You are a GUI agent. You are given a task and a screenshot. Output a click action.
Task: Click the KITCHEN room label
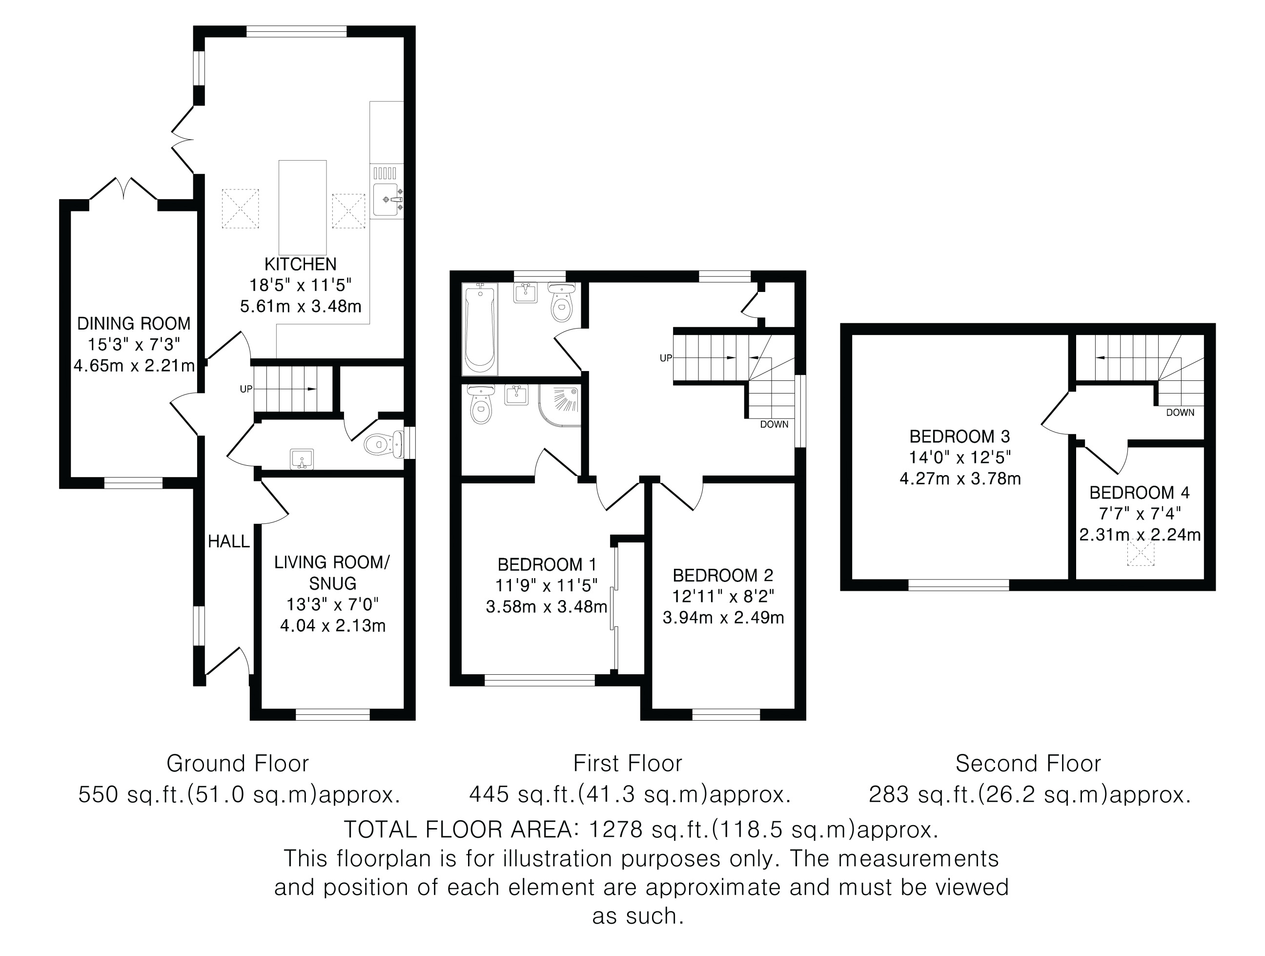(x=300, y=264)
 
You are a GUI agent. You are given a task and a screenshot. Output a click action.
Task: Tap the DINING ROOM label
(x=134, y=324)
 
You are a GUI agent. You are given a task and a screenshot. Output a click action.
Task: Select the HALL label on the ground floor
(x=229, y=541)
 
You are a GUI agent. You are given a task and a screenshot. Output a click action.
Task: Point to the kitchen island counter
(x=303, y=207)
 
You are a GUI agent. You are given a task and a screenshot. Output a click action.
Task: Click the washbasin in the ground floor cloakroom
(x=302, y=459)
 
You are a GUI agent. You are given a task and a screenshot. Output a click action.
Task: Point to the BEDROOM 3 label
(x=960, y=436)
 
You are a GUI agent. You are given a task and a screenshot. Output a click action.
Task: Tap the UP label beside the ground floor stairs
(x=246, y=389)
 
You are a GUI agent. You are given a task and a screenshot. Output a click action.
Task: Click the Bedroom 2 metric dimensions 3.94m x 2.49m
(x=723, y=618)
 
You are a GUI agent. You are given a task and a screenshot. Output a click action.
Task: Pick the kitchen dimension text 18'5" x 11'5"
(x=300, y=285)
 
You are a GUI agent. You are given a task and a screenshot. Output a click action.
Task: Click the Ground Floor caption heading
(x=237, y=763)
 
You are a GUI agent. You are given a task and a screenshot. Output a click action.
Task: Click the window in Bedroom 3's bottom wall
(x=959, y=585)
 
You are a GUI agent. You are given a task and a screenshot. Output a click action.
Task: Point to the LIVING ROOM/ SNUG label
(x=332, y=573)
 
